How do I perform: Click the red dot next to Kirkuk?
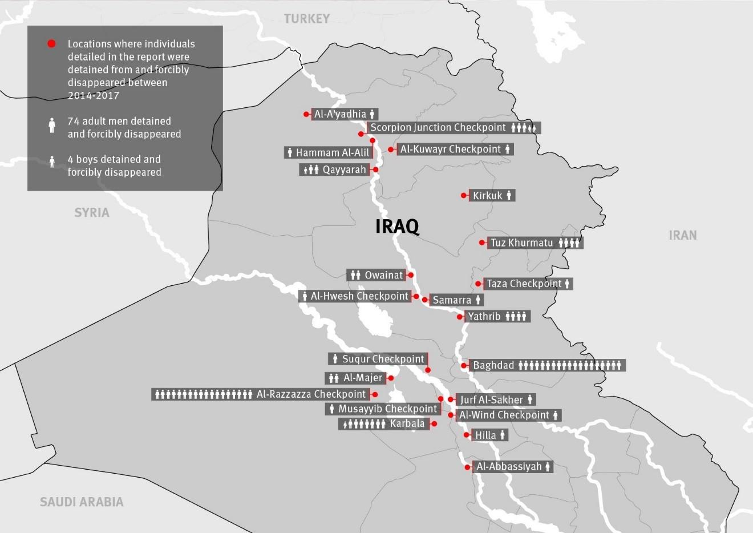pos(464,196)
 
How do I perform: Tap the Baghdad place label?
pos(493,365)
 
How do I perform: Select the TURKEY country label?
pos(307,19)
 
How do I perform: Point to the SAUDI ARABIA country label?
pos(82,502)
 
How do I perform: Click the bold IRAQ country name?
pos(397,227)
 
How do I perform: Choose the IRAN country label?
pos(683,235)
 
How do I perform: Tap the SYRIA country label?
pos(91,213)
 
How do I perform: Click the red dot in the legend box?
pos(51,44)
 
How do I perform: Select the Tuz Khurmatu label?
pos(521,243)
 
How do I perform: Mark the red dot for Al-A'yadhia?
pos(306,114)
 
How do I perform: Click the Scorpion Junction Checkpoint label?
pos(438,128)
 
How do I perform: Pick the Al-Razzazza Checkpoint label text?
pos(311,394)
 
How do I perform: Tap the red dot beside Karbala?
pos(434,424)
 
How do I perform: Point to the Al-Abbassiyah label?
pos(509,467)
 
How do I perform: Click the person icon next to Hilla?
pos(503,435)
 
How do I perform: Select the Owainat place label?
pos(383,275)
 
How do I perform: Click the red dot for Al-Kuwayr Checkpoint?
pos(391,150)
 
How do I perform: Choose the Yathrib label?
pos(484,316)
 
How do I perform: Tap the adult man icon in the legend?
pos(52,125)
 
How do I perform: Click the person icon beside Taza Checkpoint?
pos(567,284)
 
